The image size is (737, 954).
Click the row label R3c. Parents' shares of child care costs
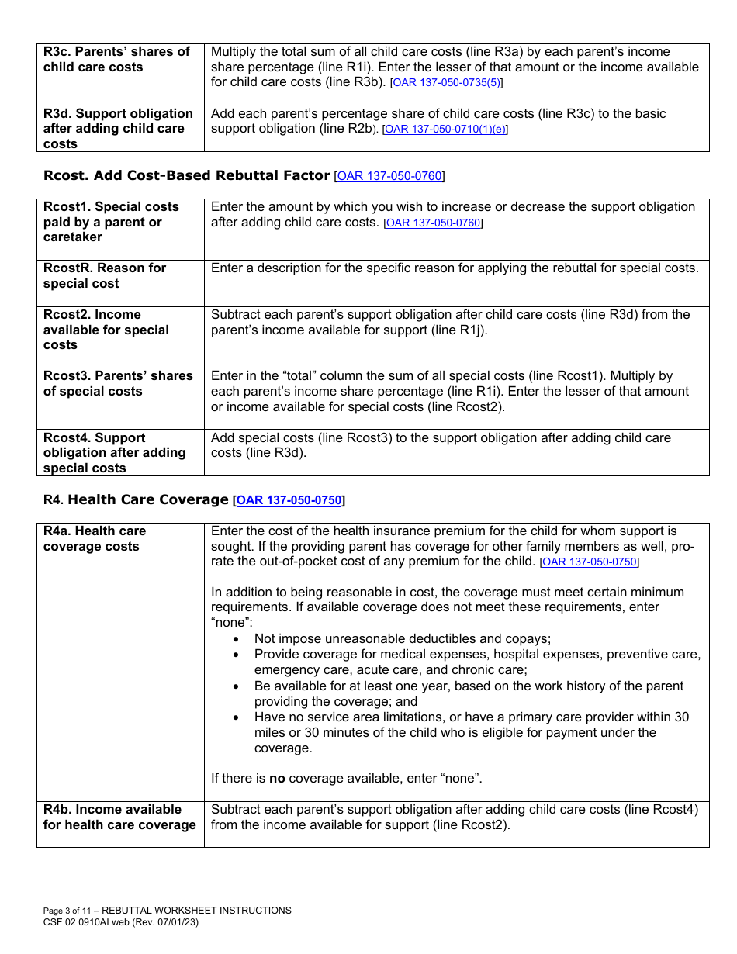[x=116, y=60]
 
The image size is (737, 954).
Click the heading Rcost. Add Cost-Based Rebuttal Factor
[x=186, y=175]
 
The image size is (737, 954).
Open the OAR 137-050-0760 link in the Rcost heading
[x=389, y=176]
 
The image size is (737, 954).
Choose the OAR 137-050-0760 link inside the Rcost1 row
[x=433, y=223]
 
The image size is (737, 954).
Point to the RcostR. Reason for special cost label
[x=105, y=275]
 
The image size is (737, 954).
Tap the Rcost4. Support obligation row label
[x=114, y=453]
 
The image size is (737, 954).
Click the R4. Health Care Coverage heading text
[x=136, y=500]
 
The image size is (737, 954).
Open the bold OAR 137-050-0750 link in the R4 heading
[x=289, y=501]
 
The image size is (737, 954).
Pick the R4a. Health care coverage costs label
[x=95, y=539]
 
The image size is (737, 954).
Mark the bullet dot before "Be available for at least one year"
[x=237, y=686]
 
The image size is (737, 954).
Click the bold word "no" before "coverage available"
[x=277, y=778]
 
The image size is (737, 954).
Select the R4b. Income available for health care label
[x=119, y=817]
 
